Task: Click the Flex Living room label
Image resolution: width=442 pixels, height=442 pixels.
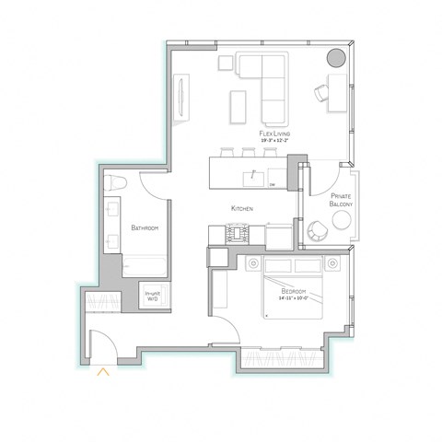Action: coord(275,134)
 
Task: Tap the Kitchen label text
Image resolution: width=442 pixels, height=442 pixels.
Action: coord(242,209)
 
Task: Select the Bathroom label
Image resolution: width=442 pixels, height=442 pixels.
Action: coord(145,227)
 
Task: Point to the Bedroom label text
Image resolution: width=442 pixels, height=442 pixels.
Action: coord(297,291)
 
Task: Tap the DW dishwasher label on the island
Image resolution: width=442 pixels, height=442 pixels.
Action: coord(273,185)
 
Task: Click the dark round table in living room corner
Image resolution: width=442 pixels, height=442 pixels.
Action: coord(337,58)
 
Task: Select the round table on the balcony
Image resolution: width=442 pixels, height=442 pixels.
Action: coord(342,220)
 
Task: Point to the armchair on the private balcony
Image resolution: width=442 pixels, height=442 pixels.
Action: coord(318,230)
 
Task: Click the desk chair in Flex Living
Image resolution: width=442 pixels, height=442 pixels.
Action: coord(321,91)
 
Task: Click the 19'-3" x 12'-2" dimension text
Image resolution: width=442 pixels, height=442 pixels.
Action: coord(275,142)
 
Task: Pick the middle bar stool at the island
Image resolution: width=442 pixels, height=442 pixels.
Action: coord(249,149)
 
